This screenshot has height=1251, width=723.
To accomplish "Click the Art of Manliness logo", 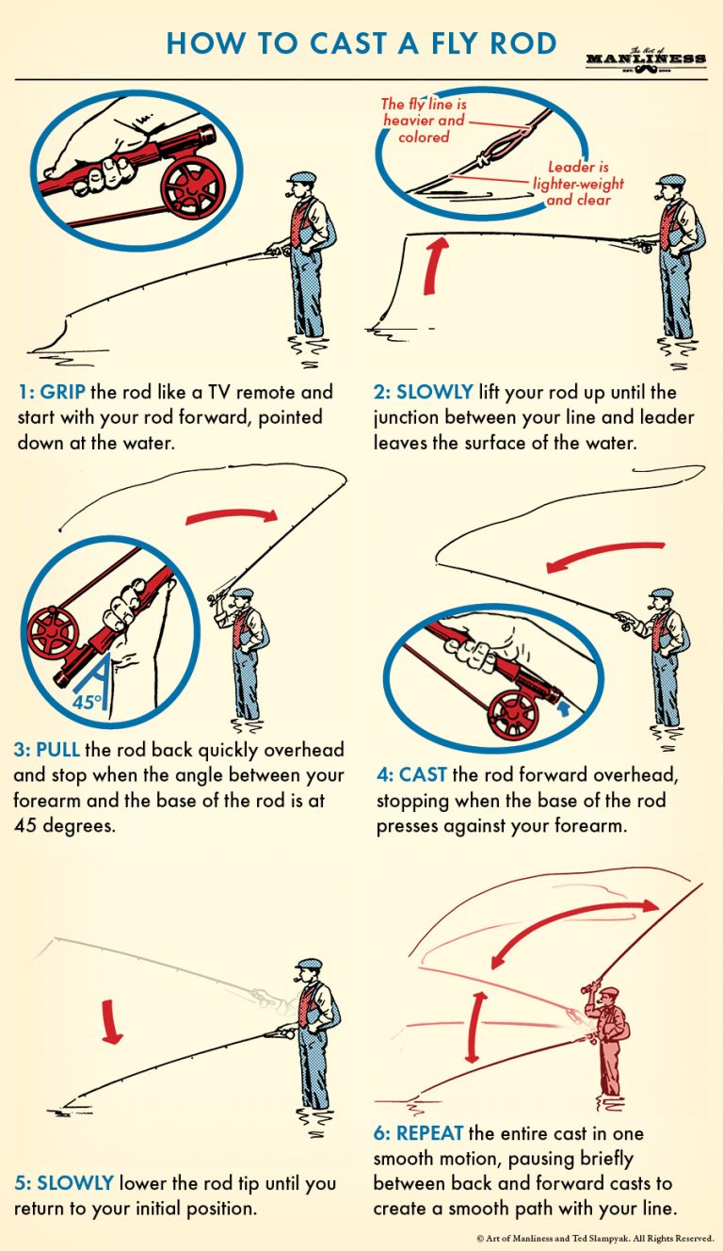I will (x=645, y=57).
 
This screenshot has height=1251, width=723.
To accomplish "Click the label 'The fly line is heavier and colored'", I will (x=423, y=121).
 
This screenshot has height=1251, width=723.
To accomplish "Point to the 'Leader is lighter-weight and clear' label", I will (x=578, y=184).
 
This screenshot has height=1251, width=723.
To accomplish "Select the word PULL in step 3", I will (x=60, y=751).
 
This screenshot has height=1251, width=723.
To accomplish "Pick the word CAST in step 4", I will (x=421, y=775).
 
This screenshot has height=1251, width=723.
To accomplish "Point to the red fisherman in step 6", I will (x=607, y=1036).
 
